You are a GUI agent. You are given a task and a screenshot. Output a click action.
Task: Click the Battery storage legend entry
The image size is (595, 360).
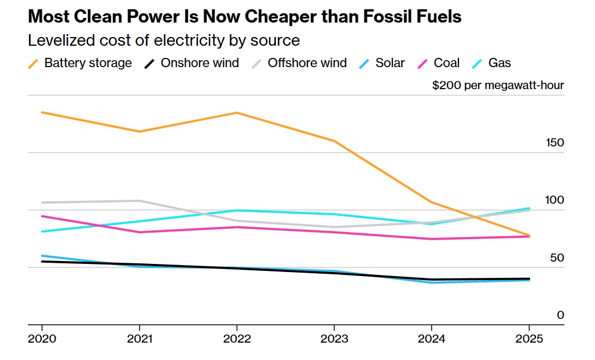tap(80, 63)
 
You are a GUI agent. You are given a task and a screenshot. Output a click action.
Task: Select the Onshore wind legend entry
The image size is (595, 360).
tap(192, 63)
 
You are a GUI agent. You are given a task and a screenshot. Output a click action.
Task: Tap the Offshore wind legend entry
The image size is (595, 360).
tap(299, 63)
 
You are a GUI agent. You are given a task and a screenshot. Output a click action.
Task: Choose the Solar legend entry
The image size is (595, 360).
tap(382, 63)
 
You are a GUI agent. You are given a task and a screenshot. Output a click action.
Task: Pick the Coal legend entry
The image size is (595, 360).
tap(438, 63)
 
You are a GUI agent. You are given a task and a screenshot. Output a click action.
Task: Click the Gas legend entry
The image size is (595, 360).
tap(491, 63)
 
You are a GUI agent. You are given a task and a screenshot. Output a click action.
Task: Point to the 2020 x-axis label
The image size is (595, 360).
tap(42, 339)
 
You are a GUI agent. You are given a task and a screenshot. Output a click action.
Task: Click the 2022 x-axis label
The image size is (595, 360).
tap(237, 339)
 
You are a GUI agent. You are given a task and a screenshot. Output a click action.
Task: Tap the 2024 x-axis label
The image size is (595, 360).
tap(431, 339)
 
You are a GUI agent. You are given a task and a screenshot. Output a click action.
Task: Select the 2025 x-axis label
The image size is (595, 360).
tap(529, 339)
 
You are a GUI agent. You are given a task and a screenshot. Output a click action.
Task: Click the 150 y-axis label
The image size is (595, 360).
tap(555, 142)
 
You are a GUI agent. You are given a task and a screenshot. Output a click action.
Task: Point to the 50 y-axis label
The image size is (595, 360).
tap(557, 258)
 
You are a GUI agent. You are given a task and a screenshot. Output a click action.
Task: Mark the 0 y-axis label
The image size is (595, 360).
tap(560, 315)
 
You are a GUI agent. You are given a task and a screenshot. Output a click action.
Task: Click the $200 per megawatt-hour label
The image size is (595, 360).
tap(498, 85)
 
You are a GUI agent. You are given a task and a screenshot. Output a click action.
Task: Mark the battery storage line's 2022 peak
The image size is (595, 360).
tap(237, 113)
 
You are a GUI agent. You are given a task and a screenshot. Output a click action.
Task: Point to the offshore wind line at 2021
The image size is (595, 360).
tap(139, 201)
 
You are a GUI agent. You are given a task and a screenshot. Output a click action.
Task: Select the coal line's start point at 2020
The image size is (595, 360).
tap(42, 216)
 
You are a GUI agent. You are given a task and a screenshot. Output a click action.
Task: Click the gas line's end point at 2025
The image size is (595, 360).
tap(529, 208)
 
